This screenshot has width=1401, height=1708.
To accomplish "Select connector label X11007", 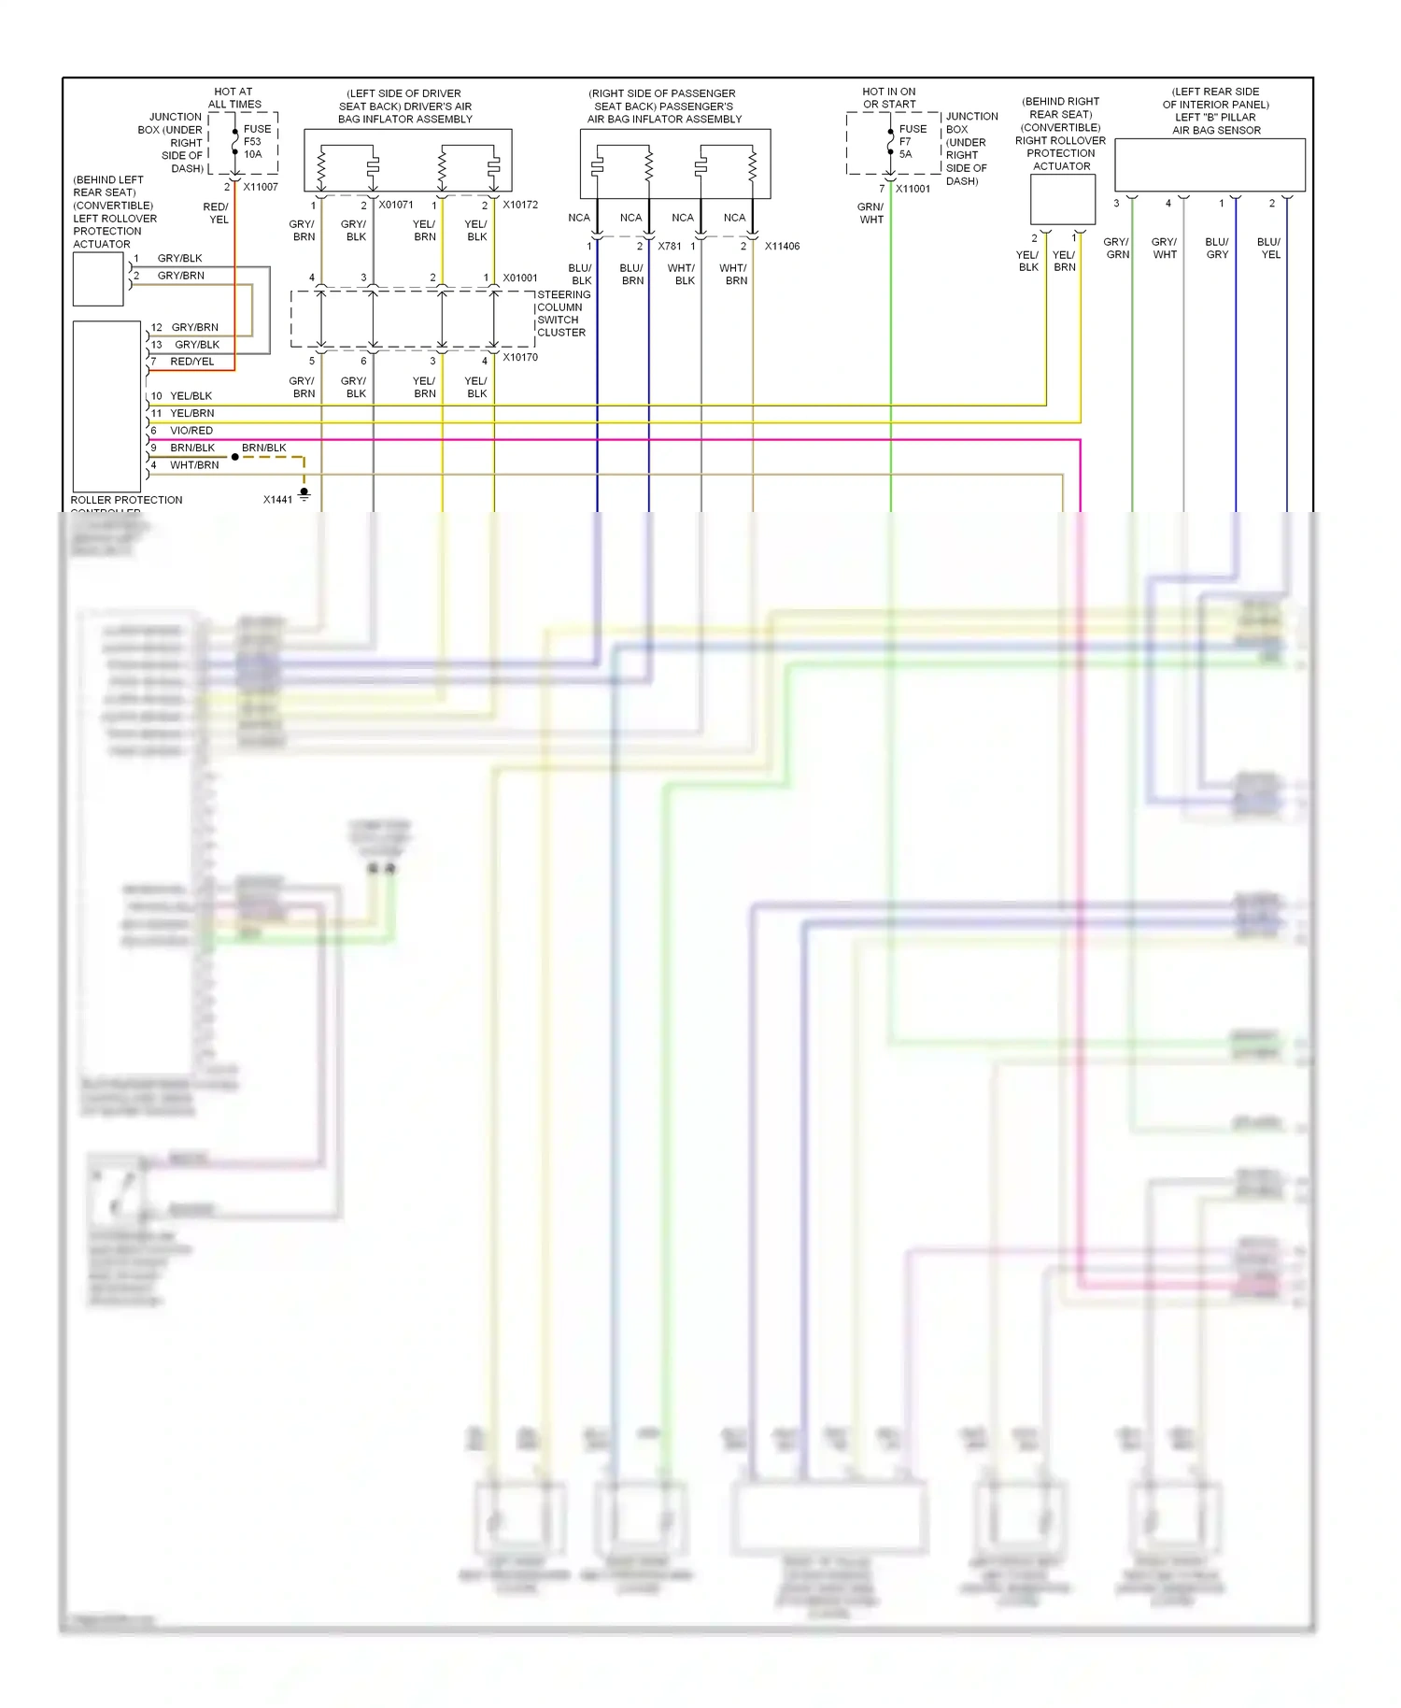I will (x=261, y=187).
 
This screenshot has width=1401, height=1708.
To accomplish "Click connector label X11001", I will (x=913, y=189).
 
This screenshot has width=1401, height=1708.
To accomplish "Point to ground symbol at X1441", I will (x=304, y=494).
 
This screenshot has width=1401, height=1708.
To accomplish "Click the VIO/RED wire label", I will (x=191, y=431).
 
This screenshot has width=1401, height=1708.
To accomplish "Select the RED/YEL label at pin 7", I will (x=191, y=362).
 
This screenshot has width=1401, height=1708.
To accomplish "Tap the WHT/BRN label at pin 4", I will (x=194, y=465).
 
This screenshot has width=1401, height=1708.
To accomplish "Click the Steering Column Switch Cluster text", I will (x=561, y=314).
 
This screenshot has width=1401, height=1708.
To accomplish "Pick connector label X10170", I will (x=520, y=357).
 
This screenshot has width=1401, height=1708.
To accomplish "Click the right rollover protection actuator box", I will (x=1062, y=199).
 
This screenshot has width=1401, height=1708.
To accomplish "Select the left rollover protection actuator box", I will (x=98, y=278).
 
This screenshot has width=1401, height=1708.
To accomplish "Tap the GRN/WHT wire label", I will (x=870, y=213).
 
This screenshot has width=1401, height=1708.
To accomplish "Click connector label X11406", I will (x=782, y=247).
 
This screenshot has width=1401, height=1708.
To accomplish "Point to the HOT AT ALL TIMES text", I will (x=233, y=98).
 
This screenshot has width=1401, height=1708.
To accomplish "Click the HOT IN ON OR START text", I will (x=889, y=98).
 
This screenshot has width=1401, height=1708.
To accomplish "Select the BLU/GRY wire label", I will (x=1217, y=248).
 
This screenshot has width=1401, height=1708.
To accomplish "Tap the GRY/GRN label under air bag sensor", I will (x=1117, y=248).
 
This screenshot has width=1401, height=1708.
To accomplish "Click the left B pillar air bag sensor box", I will (x=1210, y=165).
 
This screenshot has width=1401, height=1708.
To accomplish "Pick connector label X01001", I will (x=520, y=278).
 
